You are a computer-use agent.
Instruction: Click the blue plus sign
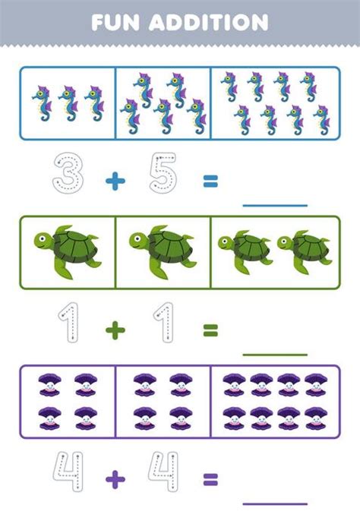pos(114,181)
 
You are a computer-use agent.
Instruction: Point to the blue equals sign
pos(210,181)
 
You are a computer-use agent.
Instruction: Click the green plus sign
pos(114,330)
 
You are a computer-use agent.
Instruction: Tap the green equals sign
pos(210,330)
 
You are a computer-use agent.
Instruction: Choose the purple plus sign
pos(114,478)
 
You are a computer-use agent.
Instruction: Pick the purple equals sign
pos(210,478)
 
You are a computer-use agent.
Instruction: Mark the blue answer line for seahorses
pos(274,205)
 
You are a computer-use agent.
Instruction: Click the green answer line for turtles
pos(274,354)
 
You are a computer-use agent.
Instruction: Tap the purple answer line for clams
pos(274,503)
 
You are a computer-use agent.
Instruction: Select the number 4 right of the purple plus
pos(163,472)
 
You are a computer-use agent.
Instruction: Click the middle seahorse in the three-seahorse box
pos(68,104)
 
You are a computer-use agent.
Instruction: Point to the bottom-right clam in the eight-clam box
pos(316,417)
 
